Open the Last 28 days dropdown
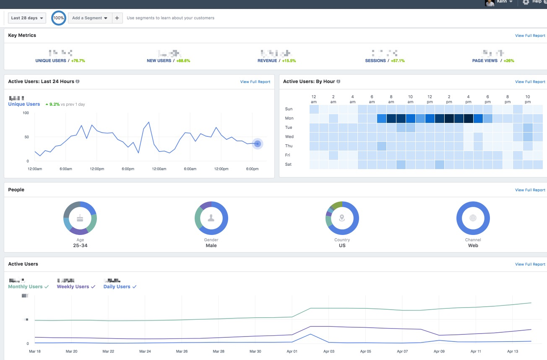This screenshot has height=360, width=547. point(27,18)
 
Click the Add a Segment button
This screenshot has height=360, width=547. point(90,18)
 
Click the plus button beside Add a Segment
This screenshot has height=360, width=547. point(117,18)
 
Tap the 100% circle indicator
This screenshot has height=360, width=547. point(59,18)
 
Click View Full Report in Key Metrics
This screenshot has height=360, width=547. point(530,36)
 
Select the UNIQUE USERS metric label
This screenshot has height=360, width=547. point(51,61)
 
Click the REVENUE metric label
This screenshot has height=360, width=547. point(267,61)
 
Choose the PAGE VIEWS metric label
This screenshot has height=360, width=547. point(485,61)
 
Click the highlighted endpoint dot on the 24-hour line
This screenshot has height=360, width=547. point(258,144)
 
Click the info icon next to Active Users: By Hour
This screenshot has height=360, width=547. point(339,81)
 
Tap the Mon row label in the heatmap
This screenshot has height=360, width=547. point(289,118)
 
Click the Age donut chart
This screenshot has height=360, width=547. point(80,218)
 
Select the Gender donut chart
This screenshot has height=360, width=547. point(211,218)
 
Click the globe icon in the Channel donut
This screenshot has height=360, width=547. point(473,218)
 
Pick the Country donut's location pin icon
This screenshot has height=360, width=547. point(342,218)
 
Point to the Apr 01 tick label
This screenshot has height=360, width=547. point(292,351)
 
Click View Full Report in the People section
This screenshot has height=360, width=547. point(530,190)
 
